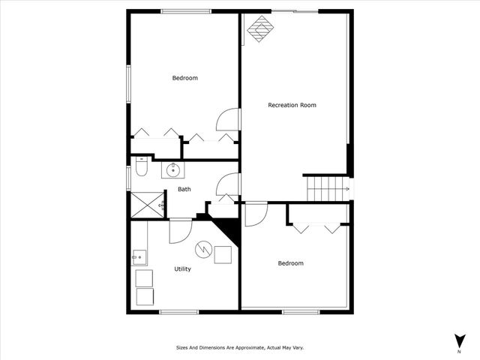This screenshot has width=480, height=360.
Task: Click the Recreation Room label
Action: [292, 105]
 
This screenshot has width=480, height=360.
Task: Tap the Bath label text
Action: [184, 189]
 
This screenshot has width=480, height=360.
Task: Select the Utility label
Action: [182, 268]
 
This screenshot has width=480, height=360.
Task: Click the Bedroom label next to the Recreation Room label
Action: [184, 78]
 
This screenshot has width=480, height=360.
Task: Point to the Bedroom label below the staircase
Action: [290, 263]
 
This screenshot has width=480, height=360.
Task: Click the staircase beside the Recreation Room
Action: [327, 187]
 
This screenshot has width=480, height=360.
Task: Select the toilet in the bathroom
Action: [139, 171]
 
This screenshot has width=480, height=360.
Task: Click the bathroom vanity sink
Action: [173, 169]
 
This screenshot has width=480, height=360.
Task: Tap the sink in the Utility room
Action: [139, 258]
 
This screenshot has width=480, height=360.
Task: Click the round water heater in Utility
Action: [202, 249]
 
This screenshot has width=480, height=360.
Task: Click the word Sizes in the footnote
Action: [182, 348]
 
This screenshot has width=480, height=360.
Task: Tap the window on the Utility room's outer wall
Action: [178, 311]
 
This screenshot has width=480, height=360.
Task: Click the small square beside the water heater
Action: [223, 255]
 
